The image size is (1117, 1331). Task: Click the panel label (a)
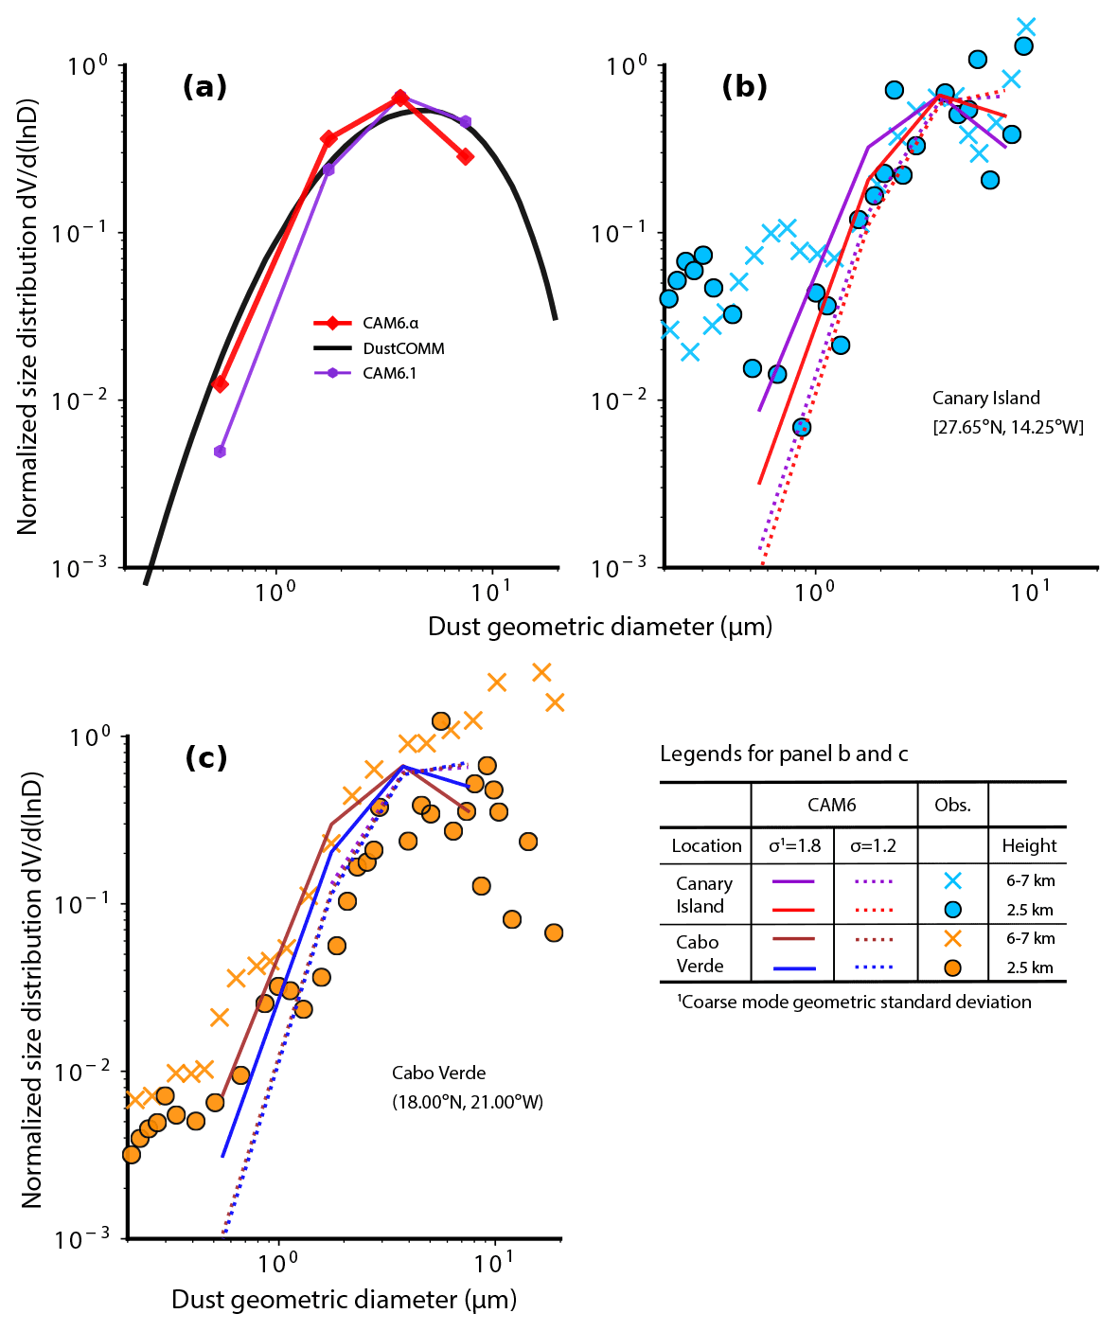pos(204,87)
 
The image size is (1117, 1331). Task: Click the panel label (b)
pos(744,87)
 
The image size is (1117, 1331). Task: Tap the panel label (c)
pos(205,757)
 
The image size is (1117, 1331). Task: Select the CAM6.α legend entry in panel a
pos(389,324)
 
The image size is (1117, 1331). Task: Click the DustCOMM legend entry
pos(402,348)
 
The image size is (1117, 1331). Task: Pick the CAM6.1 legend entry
pos(389,373)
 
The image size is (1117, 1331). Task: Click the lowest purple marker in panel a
pos(220,452)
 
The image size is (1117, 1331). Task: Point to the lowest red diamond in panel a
pos(220,384)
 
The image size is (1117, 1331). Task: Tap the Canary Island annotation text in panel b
pos(985,399)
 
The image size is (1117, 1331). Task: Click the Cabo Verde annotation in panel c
pos(438,1074)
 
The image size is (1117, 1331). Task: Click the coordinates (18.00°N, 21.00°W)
pos(468,1102)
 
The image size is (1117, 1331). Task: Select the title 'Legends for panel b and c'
pos(784,754)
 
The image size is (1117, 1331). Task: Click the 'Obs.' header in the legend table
pos(952,806)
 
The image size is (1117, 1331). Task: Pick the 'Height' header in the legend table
pos(1029,846)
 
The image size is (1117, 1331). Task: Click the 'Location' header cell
pos(706,846)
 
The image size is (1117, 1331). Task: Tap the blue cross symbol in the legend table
pos(952,880)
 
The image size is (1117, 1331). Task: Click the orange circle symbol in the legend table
pos(952,967)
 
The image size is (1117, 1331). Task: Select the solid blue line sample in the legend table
pos(794,968)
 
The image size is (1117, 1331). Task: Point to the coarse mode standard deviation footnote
pos(854,1002)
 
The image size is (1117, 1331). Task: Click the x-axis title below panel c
pos(344,1300)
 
